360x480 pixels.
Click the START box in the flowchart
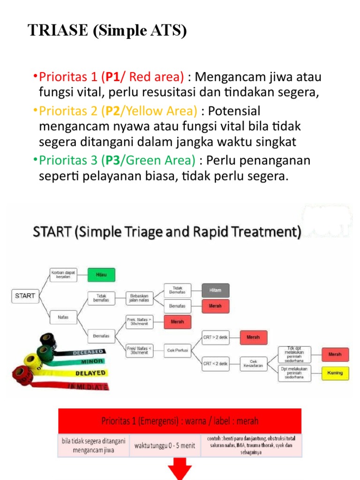pos(25,296)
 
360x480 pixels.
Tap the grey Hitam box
pos(216,291)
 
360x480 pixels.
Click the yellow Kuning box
pos(335,373)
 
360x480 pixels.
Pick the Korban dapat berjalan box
pos(63,274)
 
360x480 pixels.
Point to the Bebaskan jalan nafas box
pos(140,298)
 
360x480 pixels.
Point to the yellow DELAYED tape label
pos(89,374)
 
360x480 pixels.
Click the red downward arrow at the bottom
pos(180,469)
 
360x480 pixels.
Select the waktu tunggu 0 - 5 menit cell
pos(165,446)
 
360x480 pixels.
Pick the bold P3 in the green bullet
pos(112,161)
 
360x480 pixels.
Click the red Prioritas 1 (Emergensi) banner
pos(180,420)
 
